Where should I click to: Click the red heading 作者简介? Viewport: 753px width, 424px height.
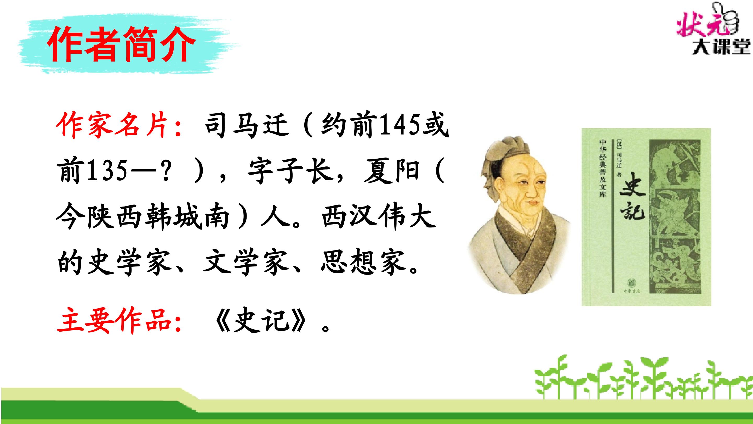point(121,45)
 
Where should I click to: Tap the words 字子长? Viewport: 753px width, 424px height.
point(289,171)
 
